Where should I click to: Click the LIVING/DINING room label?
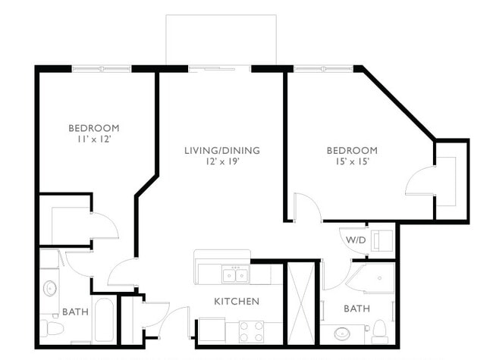click(x=221, y=150)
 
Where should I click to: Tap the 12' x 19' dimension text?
click(x=221, y=162)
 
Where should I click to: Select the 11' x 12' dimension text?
click(x=93, y=139)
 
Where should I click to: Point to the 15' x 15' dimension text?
click(x=352, y=162)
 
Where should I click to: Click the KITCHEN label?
click(x=236, y=301)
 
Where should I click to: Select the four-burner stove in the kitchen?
click(x=252, y=331)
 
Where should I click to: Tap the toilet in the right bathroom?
click(x=379, y=330)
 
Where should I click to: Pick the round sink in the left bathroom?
click(x=51, y=289)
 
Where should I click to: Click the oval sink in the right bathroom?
click(x=342, y=332)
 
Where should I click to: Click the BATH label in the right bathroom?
click(x=356, y=308)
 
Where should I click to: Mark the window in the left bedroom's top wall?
click(x=102, y=69)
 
